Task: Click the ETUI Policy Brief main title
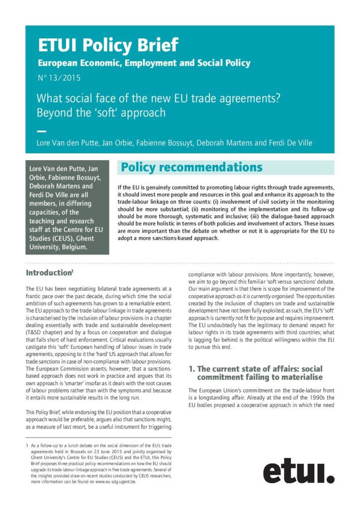[x=107, y=46]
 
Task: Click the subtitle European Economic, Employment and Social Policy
[x=144, y=63]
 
